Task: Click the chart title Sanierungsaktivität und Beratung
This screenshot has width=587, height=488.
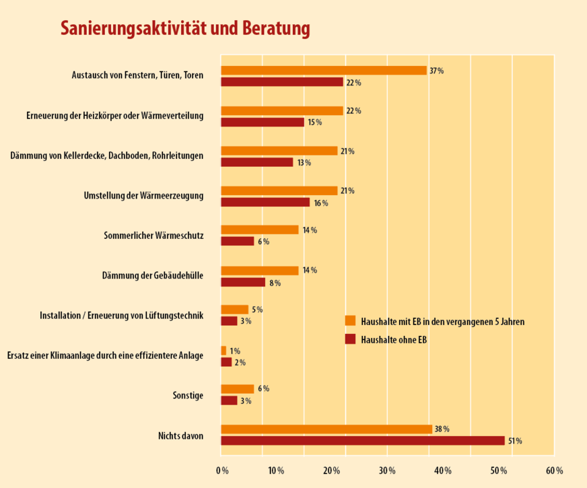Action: click(185, 28)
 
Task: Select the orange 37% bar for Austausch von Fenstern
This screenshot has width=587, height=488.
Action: click(323, 71)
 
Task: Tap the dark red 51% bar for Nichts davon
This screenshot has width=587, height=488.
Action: click(362, 441)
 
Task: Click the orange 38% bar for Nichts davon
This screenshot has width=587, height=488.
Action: click(326, 429)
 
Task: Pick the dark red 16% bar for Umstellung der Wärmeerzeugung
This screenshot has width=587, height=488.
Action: click(265, 202)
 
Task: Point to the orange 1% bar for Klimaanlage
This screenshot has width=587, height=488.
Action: click(223, 351)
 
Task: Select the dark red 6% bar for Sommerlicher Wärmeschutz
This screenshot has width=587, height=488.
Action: click(237, 241)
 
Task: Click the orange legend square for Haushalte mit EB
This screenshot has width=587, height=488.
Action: click(349, 321)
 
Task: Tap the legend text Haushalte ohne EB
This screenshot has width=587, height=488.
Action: click(394, 339)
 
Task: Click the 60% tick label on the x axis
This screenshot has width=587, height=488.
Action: click(554, 470)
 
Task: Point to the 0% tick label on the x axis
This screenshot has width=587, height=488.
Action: click(222, 470)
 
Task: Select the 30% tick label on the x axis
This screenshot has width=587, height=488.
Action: click(387, 470)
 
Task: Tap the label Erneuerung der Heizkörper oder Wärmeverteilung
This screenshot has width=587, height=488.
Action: click(114, 116)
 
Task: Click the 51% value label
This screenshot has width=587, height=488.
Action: click(514, 441)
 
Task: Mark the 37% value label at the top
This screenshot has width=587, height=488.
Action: click(436, 71)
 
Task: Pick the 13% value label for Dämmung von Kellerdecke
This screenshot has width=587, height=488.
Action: click(304, 162)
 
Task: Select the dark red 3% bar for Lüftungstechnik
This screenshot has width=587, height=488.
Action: click(229, 321)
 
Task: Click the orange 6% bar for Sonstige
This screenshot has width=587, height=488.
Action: click(237, 389)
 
